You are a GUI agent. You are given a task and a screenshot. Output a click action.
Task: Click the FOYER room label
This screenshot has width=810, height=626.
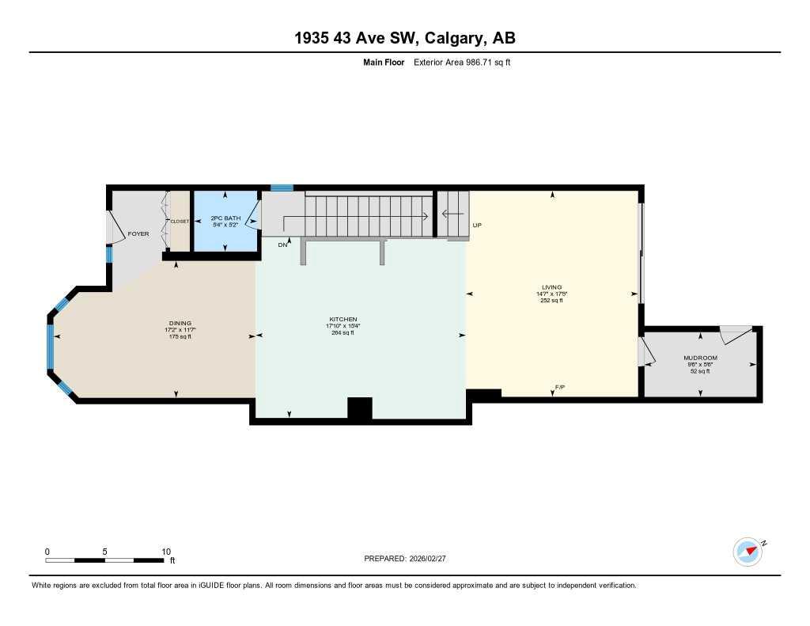point(138,233)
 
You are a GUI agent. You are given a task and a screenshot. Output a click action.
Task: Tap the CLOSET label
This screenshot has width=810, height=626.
point(179,222)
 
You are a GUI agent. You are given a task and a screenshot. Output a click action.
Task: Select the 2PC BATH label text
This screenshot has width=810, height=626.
point(225,218)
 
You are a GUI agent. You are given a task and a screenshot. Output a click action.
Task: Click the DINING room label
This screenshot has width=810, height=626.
point(180,323)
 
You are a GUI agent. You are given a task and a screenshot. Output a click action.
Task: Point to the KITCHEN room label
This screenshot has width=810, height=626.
point(343,319)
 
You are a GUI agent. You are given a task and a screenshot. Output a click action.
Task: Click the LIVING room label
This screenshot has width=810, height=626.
point(551,287)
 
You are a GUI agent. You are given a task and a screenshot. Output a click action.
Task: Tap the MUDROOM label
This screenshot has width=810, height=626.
point(700,358)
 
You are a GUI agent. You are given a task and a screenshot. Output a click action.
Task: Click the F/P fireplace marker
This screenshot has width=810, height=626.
point(560,387)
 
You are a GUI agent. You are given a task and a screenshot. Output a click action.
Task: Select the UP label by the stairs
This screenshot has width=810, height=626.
point(477,226)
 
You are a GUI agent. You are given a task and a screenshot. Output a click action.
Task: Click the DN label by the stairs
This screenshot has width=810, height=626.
point(282,245)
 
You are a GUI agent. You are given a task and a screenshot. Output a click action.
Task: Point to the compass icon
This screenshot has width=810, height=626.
point(748,551)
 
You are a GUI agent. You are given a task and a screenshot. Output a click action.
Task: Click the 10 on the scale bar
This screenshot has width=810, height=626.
point(166,552)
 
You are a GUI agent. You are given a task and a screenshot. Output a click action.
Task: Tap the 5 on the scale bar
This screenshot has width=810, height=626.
point(105,552)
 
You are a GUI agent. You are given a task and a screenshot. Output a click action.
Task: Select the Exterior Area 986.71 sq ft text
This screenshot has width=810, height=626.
point(463,62)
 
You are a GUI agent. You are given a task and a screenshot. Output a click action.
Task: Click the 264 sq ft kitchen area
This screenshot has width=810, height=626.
point(343,332)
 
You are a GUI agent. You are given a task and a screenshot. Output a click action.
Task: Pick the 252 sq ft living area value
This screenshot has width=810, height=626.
point(551,301)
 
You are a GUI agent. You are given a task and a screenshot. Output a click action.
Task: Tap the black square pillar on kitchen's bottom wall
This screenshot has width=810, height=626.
point(360,408)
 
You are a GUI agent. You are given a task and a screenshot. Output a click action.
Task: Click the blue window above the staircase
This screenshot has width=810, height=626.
point(282,188)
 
